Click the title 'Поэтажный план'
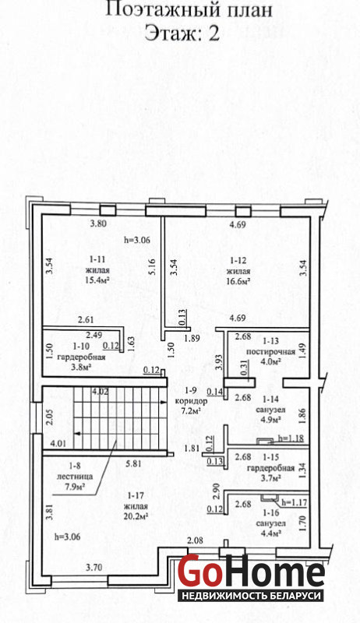189,10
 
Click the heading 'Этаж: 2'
182,33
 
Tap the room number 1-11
97,260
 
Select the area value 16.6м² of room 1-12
238,282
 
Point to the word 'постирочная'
270,352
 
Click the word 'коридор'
191,401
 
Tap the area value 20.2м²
136,516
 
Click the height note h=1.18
291,439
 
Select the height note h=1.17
294,502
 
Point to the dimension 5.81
133,463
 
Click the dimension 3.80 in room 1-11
97,224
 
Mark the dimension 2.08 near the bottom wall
195,540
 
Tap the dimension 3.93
217,362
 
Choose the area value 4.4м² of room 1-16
271,533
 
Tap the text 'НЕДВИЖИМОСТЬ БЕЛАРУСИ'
251,596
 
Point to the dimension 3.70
94,568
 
